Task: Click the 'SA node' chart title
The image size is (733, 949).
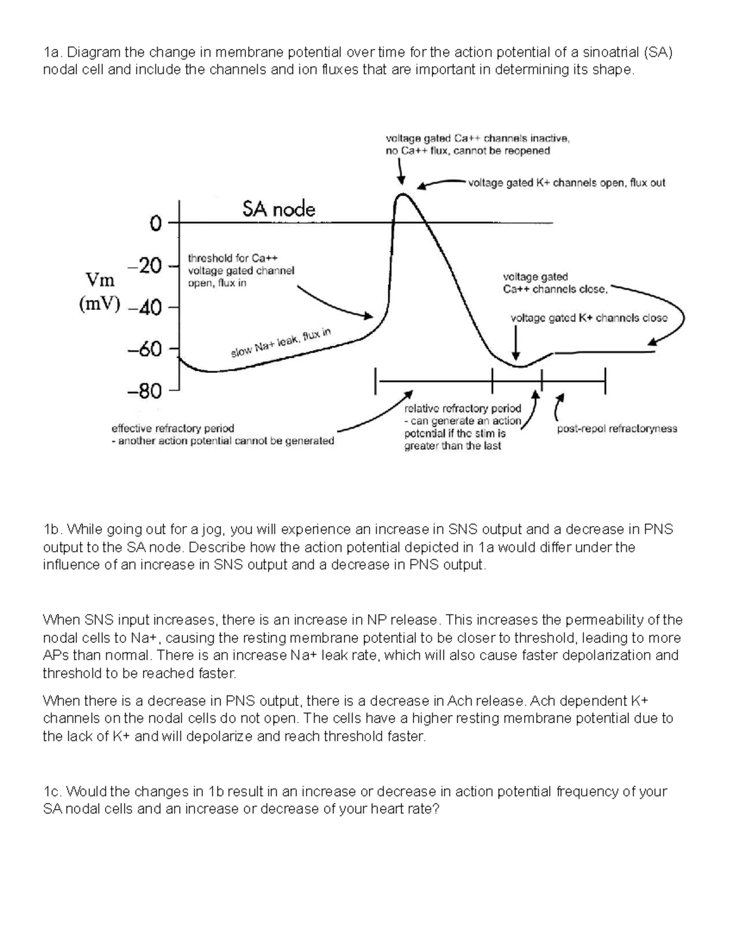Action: coord(279,210)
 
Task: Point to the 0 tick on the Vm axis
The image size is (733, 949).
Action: coord(155,224)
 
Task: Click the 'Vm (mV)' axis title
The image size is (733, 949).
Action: coord(100,293)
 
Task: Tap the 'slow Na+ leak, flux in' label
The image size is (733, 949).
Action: coord(281,343)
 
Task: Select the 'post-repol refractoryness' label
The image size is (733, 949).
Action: coord(617,428)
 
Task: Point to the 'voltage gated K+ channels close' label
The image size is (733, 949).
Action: coord(589,318)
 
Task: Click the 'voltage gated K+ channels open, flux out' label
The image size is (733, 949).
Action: coord(566,183)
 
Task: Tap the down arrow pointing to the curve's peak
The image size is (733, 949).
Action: coord(401,170)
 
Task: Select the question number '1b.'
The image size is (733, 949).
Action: coord(53,529)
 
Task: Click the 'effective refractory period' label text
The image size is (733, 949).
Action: coord(172,428)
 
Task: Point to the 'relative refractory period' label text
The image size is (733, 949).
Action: coord(463,408)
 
